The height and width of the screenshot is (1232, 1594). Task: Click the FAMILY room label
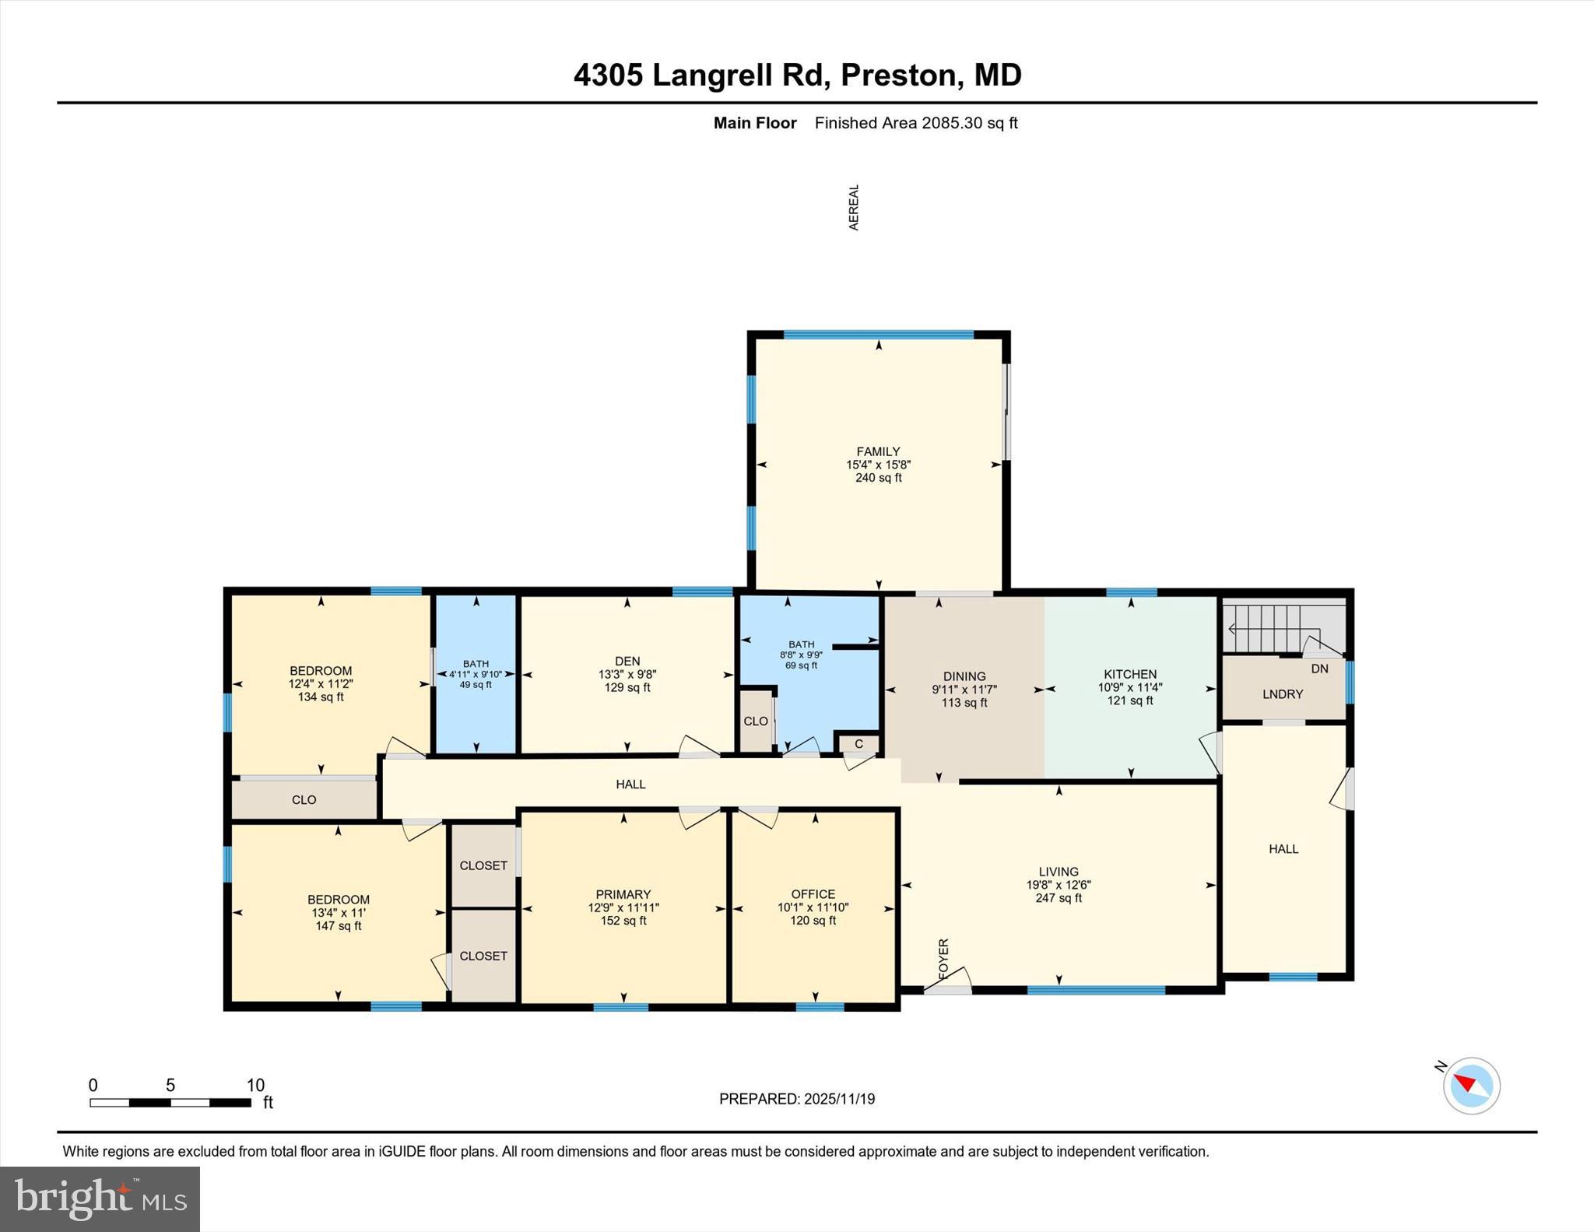(x=878, y=451)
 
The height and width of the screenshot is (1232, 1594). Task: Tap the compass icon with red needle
(x=1471, y=1085)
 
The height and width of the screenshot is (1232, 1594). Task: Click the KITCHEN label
(x=1129, y=674)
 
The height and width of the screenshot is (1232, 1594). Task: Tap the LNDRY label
(x=1282, y=693)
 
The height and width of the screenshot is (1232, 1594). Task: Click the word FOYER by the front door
(x=943, y=959)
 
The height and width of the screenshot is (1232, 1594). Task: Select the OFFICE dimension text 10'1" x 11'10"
(x=813, y=907)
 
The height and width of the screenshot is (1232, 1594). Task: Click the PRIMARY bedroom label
(x=623, y=894)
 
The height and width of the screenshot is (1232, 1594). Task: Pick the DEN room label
(x=627, y=661)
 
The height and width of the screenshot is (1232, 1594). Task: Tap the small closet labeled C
(x=858, y=743)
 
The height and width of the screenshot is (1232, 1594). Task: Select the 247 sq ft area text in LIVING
(x=1058, y=898)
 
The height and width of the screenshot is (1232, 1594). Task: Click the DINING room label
(x=964, y=676)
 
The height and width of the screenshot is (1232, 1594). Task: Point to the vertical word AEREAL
(x=854, y=207)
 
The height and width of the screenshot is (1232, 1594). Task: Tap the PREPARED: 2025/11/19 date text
(x=796, y=1099)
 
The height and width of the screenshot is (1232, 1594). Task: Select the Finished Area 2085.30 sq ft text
(x=915, y=123)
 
